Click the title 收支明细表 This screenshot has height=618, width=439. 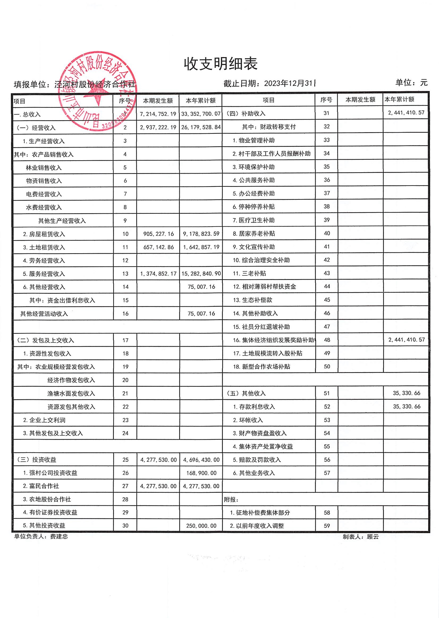[221, 64]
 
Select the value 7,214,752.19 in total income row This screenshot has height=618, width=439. [158, 114]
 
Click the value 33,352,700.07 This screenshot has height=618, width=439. [201, 114]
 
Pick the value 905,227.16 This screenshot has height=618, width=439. [158, 234]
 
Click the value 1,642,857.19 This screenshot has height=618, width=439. [201, 247]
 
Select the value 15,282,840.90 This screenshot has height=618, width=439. [201, 274]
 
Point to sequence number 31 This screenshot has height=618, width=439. [326, 113]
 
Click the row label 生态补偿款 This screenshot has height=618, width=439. [257, 300]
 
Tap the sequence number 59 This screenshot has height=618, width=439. [327, 526]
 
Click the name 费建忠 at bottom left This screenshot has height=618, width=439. [59, 537]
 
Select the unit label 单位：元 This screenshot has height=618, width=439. [411, 82]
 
